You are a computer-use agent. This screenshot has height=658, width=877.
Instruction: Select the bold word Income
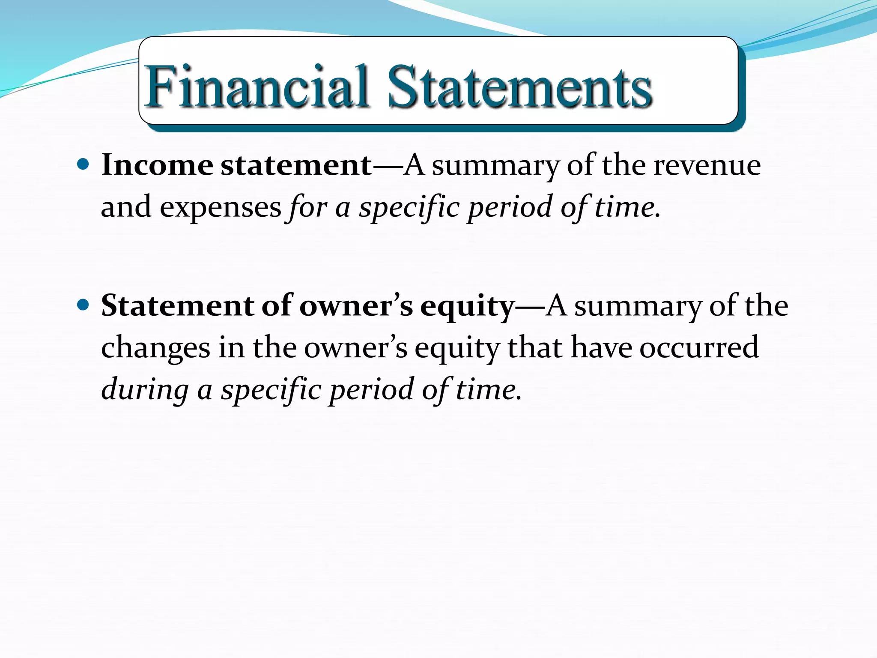pyautogui.click(x=157, y=165)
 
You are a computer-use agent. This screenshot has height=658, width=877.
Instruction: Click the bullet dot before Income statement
pyautogui.click(x=83, y=164)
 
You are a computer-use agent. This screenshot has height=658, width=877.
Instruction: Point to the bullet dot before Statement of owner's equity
pyautogui.click(x=83, y=305)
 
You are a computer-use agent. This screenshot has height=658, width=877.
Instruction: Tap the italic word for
pyautogui.click(x=307, y=207)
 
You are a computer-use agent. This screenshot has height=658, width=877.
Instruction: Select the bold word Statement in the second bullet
pyautogui.click(x=178, y=306)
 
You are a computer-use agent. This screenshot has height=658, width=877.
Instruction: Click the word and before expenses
pyautogui.click(x=126, y=207)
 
